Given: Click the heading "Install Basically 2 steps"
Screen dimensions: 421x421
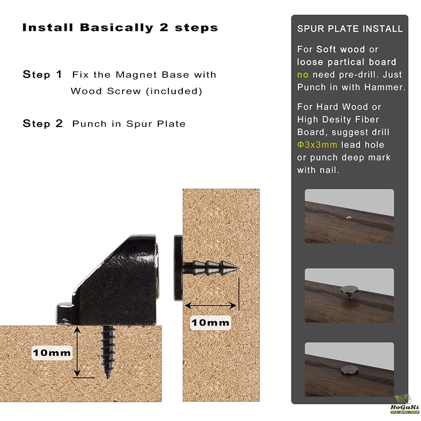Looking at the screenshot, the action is pos(120,28).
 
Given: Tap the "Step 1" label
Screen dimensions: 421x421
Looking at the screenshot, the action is pos(43,75).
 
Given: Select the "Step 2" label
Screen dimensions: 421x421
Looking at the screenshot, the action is pos(43,124).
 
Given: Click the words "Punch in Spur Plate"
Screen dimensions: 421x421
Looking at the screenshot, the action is pos(129,124).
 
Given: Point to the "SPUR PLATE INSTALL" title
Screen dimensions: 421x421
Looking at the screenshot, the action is pos(350,29).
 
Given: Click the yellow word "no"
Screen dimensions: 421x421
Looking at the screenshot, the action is pos(303,75).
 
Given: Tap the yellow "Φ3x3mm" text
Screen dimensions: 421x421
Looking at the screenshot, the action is pos(317,145).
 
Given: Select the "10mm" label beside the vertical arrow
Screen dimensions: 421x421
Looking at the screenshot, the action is pos(52,353).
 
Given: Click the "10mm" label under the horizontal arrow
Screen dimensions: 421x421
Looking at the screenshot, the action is pos(210,322).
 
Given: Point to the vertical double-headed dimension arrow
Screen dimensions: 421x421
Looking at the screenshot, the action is pos(77,352).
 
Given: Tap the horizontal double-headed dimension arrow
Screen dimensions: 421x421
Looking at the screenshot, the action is pos(210,305).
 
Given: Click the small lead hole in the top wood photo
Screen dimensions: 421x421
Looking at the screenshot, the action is pos(349,217).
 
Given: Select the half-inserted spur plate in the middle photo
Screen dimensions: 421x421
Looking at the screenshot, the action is pos(349,292).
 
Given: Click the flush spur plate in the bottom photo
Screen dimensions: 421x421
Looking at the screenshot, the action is pos(349,370).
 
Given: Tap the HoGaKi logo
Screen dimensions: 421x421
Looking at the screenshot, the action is pos(404,404).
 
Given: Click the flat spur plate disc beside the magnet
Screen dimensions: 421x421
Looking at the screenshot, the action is pos(179,268).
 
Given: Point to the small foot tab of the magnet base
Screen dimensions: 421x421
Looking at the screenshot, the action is pos(64,313).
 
